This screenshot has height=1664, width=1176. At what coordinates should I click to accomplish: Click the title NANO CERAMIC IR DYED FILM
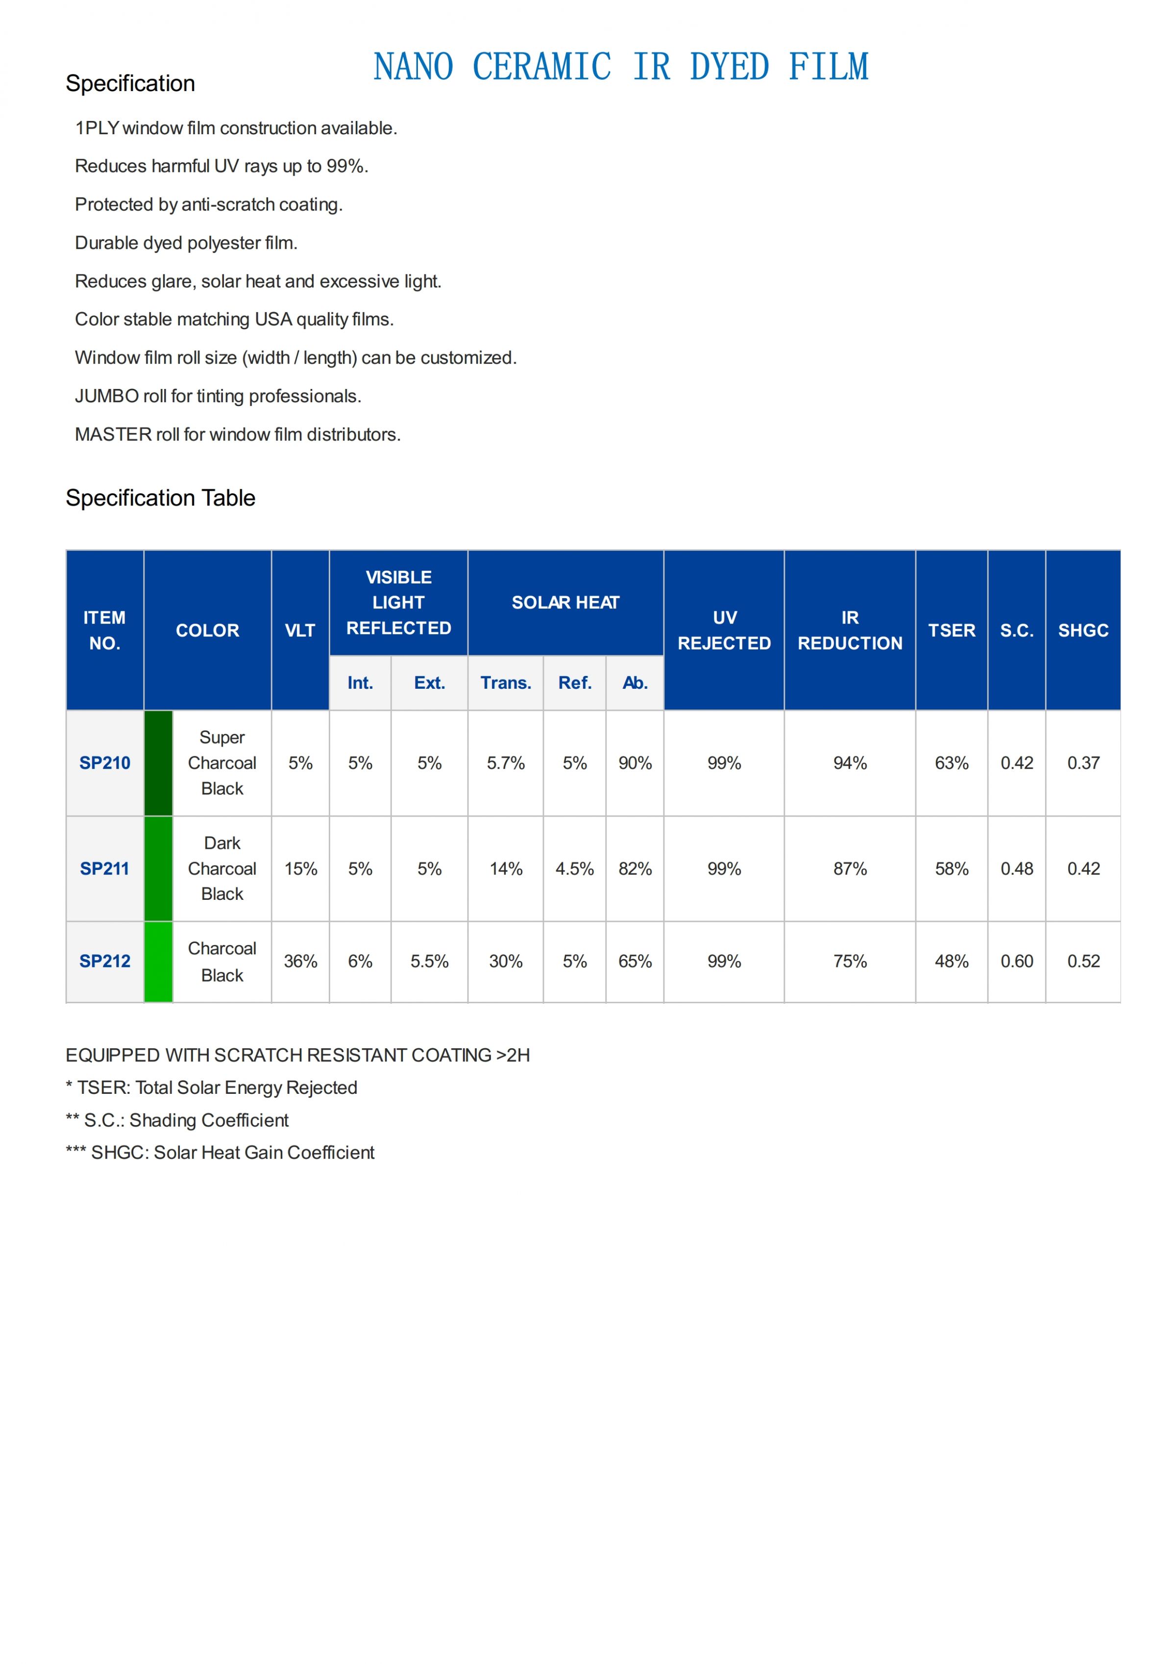(621, 67)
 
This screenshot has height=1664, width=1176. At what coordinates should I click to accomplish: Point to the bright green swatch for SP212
(158, 961)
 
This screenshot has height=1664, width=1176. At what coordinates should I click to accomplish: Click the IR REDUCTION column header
(850, 630)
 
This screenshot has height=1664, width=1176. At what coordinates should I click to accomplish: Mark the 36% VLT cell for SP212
(300, 961)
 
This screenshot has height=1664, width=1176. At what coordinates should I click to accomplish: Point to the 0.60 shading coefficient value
(1016, 961)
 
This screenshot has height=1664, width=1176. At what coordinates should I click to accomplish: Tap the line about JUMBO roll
(218, 396)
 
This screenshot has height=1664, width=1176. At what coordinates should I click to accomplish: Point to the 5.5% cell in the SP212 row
(429, 961)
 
